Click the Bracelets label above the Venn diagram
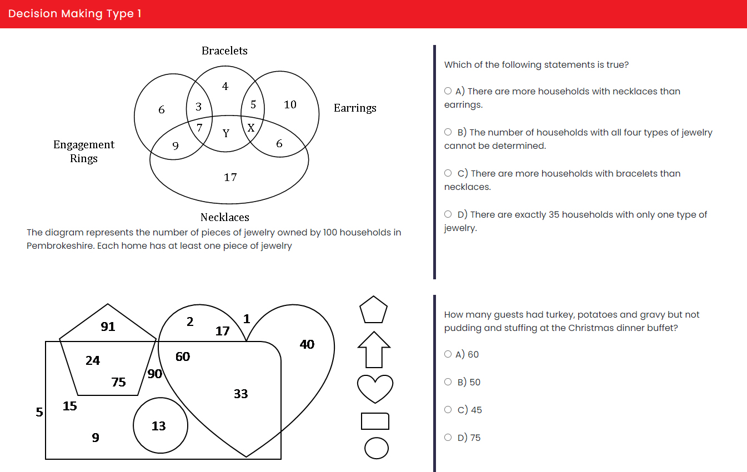(224, 51)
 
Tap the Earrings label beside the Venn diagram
(355, 108)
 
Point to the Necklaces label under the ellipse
(225, 217)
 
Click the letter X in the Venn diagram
(251, 127)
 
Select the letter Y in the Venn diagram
(226, 133)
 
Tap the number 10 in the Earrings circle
(290, 104)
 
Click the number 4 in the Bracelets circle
(225, 86)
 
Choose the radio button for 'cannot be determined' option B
(448, 132)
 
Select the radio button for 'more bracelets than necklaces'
(448, 173)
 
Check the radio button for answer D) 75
(448, 437)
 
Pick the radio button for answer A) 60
(448, 354)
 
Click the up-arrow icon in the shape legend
(374, 349)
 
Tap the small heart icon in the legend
(375, 388)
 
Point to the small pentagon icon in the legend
(373, 310)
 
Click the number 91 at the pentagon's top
(108, 327)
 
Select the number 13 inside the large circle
(158, 426)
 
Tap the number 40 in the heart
(307, 344)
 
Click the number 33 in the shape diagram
(241, 394)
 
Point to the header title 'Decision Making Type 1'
(74, 14)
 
